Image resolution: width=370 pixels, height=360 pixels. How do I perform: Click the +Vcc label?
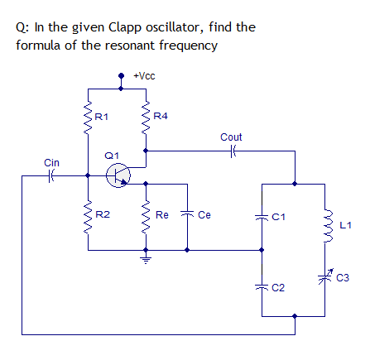click(x=145, y=75)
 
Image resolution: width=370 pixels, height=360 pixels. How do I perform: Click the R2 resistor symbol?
click(x=87, y=218)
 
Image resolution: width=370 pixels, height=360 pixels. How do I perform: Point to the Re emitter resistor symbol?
click(x=146, y=218)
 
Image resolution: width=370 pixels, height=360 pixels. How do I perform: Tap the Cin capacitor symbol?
click(x=51, y=175)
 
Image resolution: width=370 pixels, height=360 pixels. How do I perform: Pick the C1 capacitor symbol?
click(x=262, y=216)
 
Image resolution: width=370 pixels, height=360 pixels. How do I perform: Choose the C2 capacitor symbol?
click(x=262, y=286)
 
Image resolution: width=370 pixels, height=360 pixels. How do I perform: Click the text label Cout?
click(x=232, y=136)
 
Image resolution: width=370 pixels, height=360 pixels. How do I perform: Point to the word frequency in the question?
click(x=189, y=44)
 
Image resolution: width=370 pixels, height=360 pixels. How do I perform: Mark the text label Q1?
click(x=112, y=155)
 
